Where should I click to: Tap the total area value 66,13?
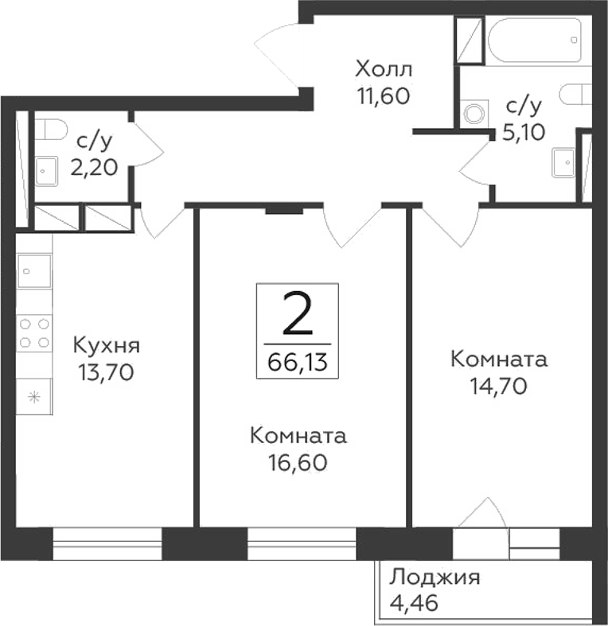298,364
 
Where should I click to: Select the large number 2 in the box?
298,317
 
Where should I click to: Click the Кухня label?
107,346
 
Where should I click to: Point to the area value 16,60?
298,461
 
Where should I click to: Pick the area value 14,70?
498,385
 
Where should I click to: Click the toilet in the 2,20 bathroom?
53,128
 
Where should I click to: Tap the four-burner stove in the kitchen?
34,332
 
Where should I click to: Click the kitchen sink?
34,271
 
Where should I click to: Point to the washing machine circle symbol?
475,112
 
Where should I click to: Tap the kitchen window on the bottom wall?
107,545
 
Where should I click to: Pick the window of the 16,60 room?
301,545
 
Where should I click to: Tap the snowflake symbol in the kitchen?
34,398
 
